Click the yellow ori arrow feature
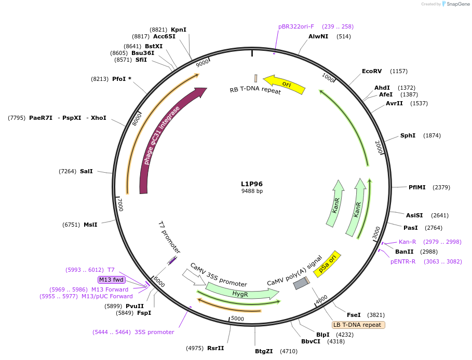285,84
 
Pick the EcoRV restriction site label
372,71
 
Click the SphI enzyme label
408,135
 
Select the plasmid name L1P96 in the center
252,184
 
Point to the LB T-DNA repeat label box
358,325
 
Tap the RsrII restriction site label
215,348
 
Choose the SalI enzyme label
86,171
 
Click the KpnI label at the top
179,30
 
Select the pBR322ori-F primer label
296,26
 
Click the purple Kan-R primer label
408,242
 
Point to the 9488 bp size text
252,191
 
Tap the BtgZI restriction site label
264,351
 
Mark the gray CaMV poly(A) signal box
301,284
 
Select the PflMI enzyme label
417,187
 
